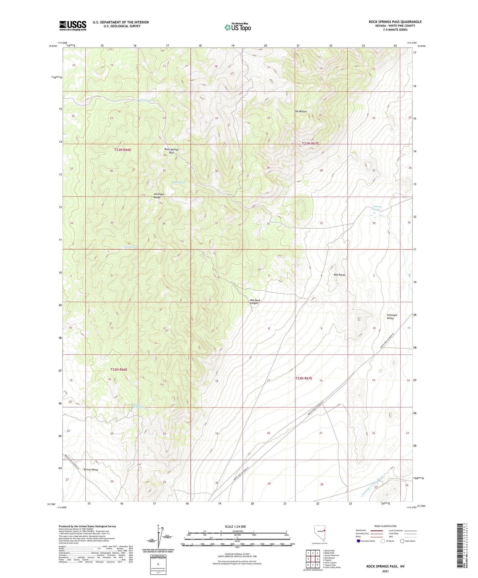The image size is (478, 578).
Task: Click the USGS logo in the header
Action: point(73,25)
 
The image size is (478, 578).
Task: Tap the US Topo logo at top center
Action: point(238,27)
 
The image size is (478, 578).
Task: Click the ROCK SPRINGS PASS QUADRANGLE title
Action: point(395,22)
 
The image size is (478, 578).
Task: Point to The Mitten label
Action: point(300,112)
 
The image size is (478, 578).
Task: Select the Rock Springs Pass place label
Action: point(171,151)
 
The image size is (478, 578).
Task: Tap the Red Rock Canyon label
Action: point(255,302)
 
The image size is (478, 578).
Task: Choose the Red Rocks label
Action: point(339,275)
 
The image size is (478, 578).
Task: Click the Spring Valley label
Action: point(91,469)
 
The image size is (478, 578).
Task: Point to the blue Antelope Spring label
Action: point(377,208)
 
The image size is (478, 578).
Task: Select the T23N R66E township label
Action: point(122,150)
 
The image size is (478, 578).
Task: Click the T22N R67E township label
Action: point(304,378)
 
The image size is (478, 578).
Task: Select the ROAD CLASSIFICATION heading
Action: point(385,526)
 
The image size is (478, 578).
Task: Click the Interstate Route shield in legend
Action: point(359,541)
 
